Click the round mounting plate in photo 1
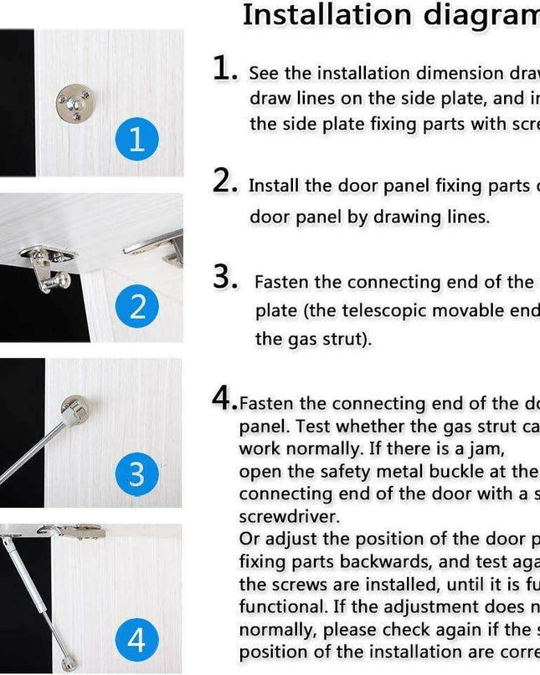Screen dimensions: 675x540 tap(72, 104)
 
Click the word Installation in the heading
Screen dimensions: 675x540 tap(313, 15)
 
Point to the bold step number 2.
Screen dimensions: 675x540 tap(224, 180)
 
